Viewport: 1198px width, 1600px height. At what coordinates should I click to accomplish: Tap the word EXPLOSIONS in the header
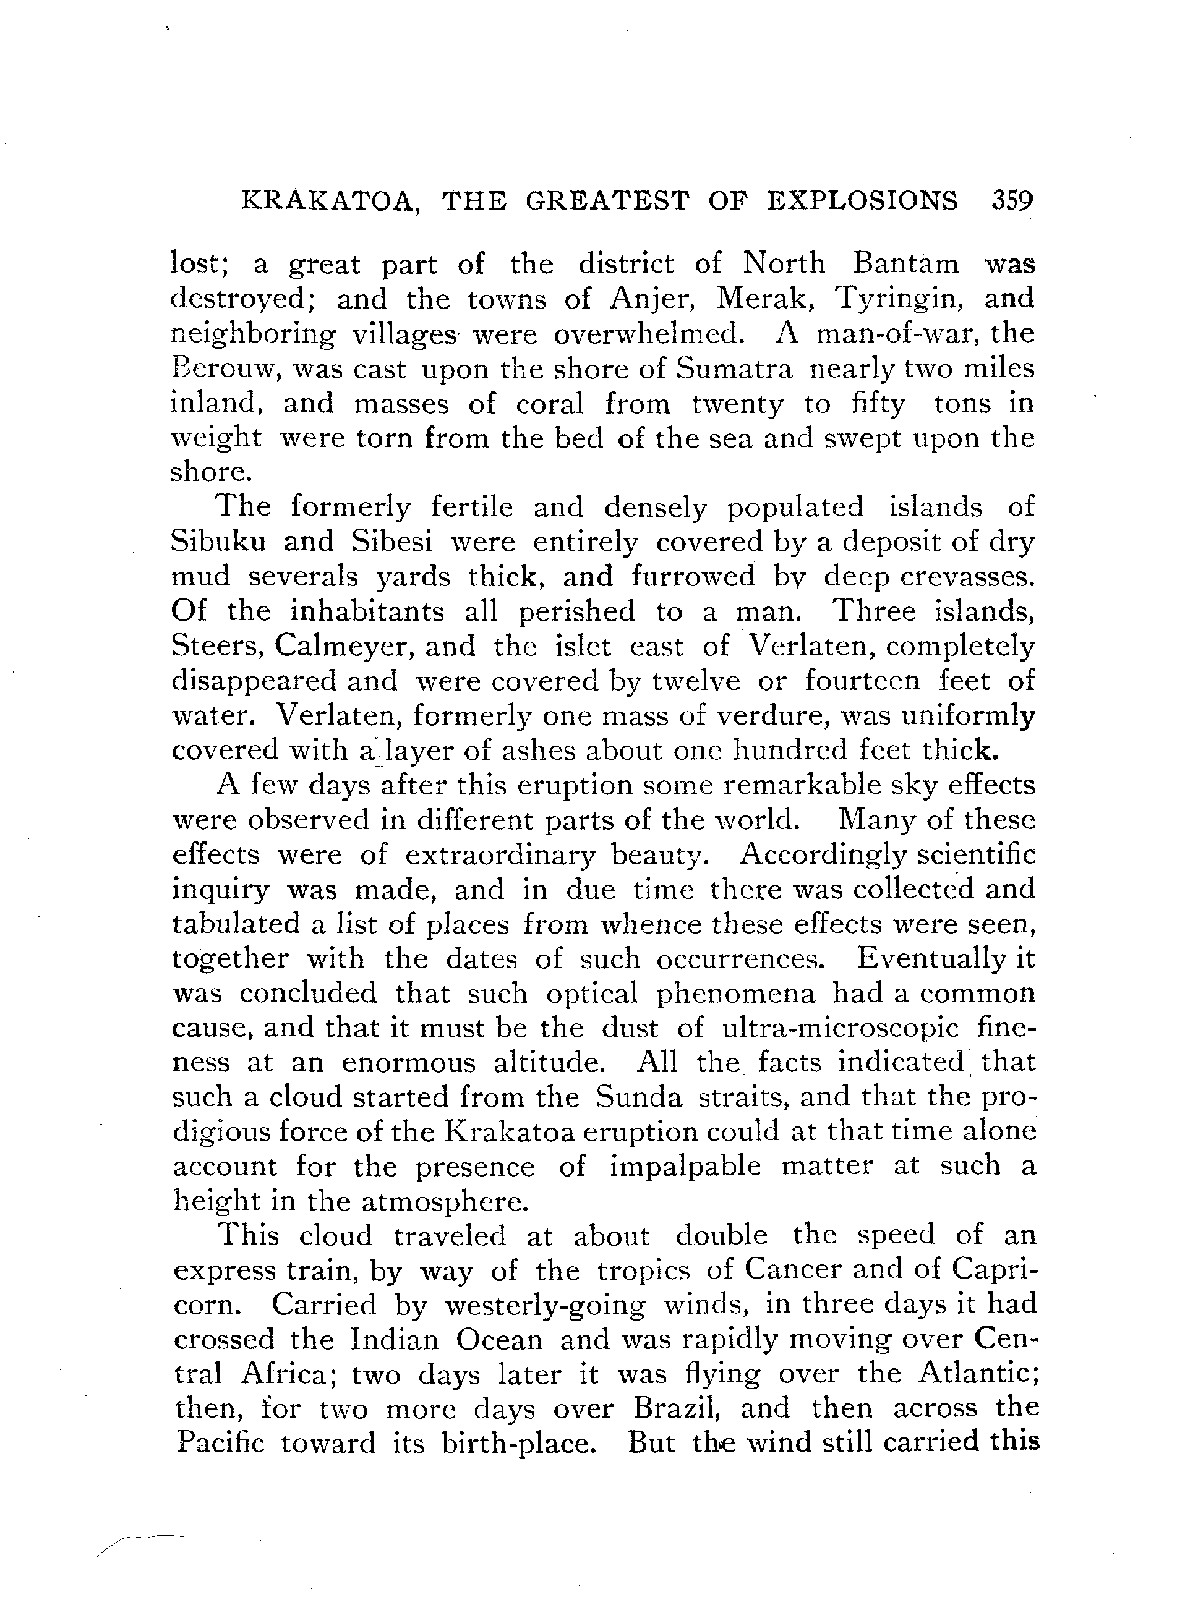pos(862,200)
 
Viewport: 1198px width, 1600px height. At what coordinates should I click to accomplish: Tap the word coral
pos(550,403)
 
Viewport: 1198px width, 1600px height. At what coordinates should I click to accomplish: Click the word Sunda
pos(639,1097)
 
